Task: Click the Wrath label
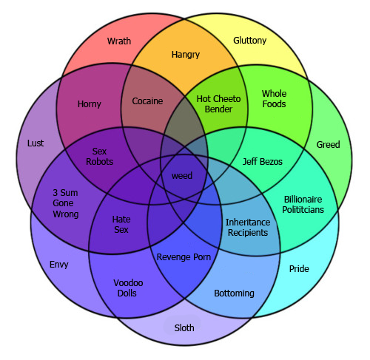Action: pyautogui.click(x=119, y=41)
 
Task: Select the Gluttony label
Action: pyautogui.click(x=250, y=41)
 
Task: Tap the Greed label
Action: pyautogui.click(x=328, y=144)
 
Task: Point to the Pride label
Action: pyautogui.click(x=299, y=268)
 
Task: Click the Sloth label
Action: pyautogui.click(x=184, y=327)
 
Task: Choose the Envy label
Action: pyautogui.click(x=59, y=265)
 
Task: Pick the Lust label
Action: pyautogui.click(x=36, y=143)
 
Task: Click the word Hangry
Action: pyautogui.click(x=186, y=55)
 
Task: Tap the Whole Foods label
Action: pyautogui.click(x=274, y=98)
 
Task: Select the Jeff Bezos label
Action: pyautogui.click(x=263, y=161)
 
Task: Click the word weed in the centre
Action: pyautogui.click(x=182, y=176)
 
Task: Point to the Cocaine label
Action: pyautogui.click(x=147, y=101)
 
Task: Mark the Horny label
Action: pyautogui.click(x=90, y=104)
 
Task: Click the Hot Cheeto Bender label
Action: pyautogui.click(x=218, y=103)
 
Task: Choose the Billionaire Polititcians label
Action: pyautogui.click(x=303, y=204)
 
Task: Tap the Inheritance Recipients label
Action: pyautogui.click(x=248, y=227)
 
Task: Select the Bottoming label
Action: pyautogui.click(x=234, y=293)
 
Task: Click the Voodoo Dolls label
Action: pyautogui.click(x=128, y=288)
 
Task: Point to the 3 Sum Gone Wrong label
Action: pyautogui.click(x=66, y=203)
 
